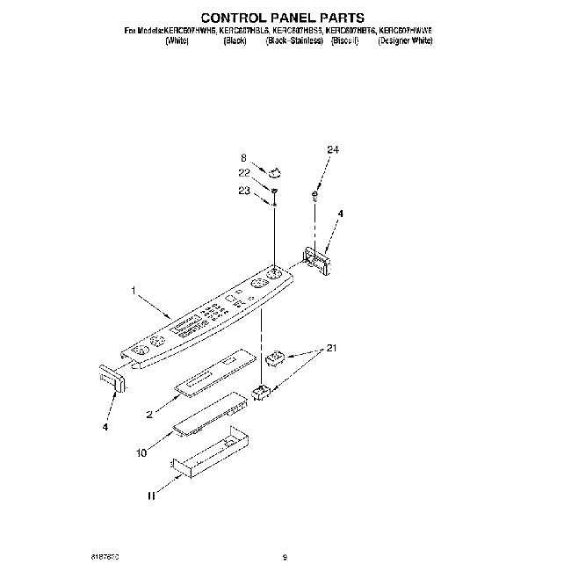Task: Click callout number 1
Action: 134,289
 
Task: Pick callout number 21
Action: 330,350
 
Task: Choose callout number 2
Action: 151,411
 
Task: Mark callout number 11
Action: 152,496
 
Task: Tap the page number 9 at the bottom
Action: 285,555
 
